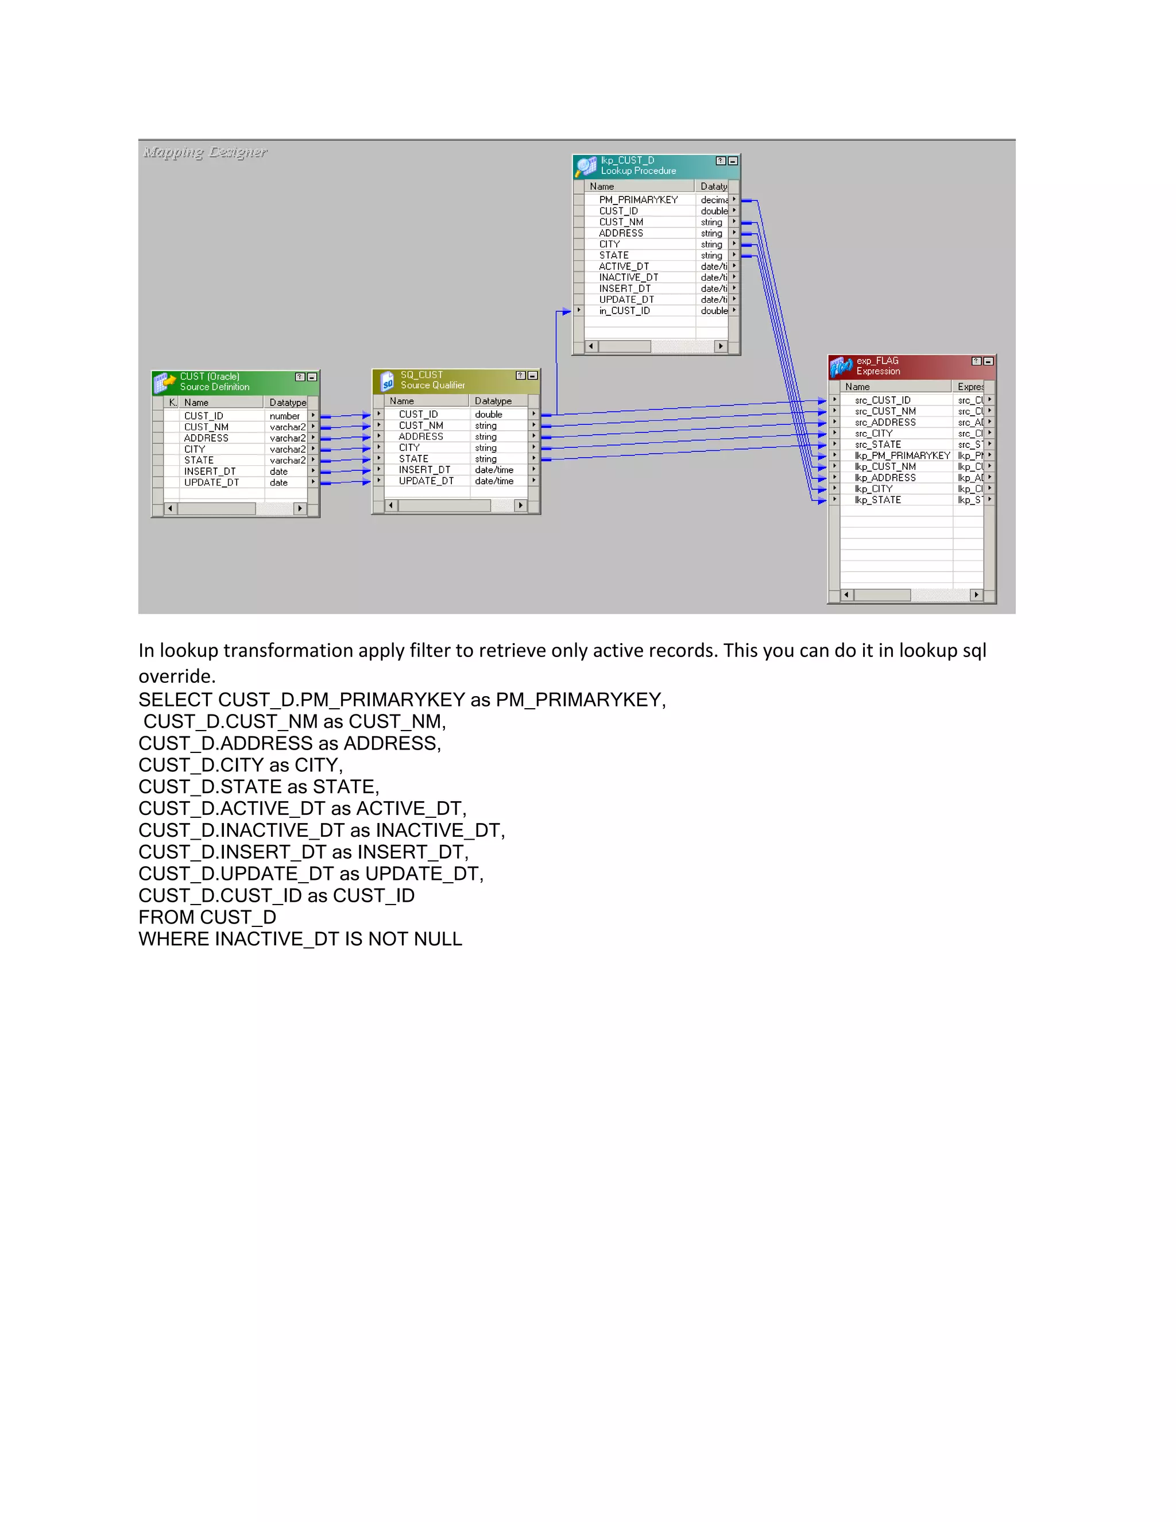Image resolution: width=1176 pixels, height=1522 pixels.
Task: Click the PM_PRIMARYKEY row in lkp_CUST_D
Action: tap(637, 200)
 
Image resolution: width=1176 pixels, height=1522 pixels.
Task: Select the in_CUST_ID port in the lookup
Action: tap(624, 311)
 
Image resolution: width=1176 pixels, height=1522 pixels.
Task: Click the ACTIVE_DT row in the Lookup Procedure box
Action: tap(624, 266)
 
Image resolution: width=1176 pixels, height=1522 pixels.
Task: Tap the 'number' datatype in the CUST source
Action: tap(284, 416)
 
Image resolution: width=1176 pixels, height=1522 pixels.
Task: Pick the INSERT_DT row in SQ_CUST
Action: tap(424, 470)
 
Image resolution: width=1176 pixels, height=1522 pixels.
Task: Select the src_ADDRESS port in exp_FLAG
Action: tap(885, 422)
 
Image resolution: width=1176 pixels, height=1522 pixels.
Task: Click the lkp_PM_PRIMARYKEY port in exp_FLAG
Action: tap(902, 456)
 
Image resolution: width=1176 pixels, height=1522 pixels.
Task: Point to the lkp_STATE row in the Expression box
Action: tap(877, 500)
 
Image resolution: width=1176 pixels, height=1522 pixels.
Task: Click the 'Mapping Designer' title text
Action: tap(205, 152)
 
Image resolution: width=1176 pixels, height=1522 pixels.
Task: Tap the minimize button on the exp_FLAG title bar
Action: tap(988, 361)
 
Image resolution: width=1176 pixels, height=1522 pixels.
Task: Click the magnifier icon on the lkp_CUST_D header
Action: tap(585, 167)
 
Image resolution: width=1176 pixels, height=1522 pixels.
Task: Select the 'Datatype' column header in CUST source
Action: tap(287, 403)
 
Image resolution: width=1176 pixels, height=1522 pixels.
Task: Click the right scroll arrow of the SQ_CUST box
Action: tap(520, 505)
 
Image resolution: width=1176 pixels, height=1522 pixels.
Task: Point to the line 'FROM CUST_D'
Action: tap(207, 917)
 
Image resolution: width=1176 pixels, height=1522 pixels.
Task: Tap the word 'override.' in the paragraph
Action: tap(176, 676)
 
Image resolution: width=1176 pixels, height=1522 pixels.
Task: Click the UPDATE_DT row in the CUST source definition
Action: tap(211, 482)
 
